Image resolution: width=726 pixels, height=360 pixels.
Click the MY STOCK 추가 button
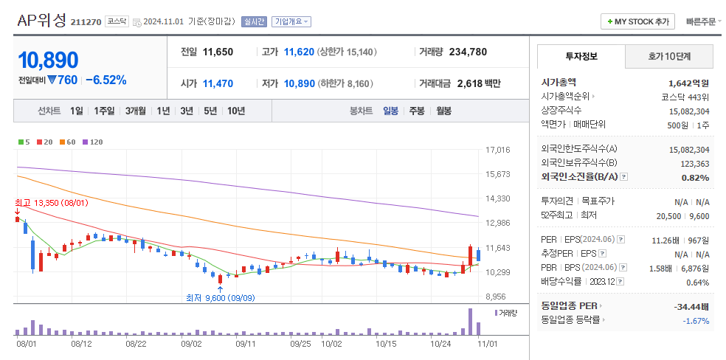coord(637,21)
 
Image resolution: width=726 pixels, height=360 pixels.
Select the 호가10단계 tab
coord(669,56)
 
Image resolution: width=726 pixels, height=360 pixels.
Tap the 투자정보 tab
coord(581,56)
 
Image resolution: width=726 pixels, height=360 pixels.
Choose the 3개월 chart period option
coord(135,111)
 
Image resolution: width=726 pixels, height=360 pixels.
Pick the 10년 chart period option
coord(236,111)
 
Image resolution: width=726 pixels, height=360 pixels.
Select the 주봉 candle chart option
coord(416,111)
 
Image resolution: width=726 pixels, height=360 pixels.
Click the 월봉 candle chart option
coord(443,111)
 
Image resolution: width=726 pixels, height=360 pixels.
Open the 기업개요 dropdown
coord(291,22)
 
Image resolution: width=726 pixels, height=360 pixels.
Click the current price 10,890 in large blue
coord(48,60)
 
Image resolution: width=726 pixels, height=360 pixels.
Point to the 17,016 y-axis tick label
coord(499,150)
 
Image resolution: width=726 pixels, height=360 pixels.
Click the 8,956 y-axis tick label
coord(499,297)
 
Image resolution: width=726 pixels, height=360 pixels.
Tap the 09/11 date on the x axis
coord(246,344)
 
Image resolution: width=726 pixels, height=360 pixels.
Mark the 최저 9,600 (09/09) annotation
coord(221,298)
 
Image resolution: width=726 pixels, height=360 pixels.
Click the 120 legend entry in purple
coord(93,142)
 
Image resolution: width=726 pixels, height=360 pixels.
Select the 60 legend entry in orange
coord(69,142)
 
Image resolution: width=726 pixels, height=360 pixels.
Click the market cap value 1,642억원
coord(688,83)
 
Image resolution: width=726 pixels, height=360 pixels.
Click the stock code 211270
coord(86,22)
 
